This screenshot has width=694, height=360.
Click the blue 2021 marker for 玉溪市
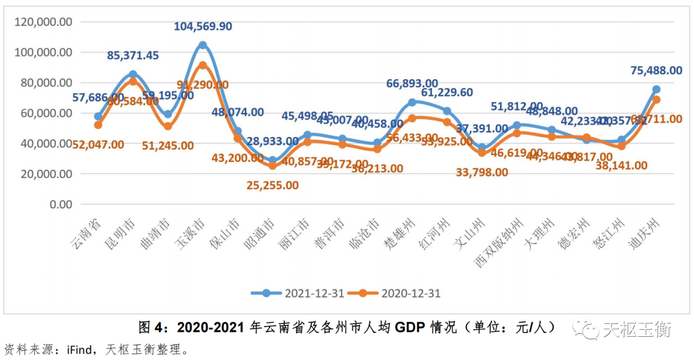pyautogui.click(x=202, y=45)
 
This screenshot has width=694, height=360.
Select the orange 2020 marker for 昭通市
pyautogui.click(x=272, y=165)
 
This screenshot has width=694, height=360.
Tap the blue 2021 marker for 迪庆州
pyautogui.click(x=656, y=89)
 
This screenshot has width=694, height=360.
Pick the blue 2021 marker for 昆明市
pyautogui.click(x=133, y=75)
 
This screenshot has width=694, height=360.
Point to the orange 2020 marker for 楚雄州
pyautogui.click(x=412, y=118)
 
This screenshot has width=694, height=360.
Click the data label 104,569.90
pyautogui.click(x=203, y=27)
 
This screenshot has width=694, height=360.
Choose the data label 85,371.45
pyautogui.click(x=133, y=56)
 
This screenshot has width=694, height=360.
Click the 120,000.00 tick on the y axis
pyautogui.click(x=42, y=22)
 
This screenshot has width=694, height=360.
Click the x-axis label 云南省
pyautogui.click(x=84, y=235)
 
